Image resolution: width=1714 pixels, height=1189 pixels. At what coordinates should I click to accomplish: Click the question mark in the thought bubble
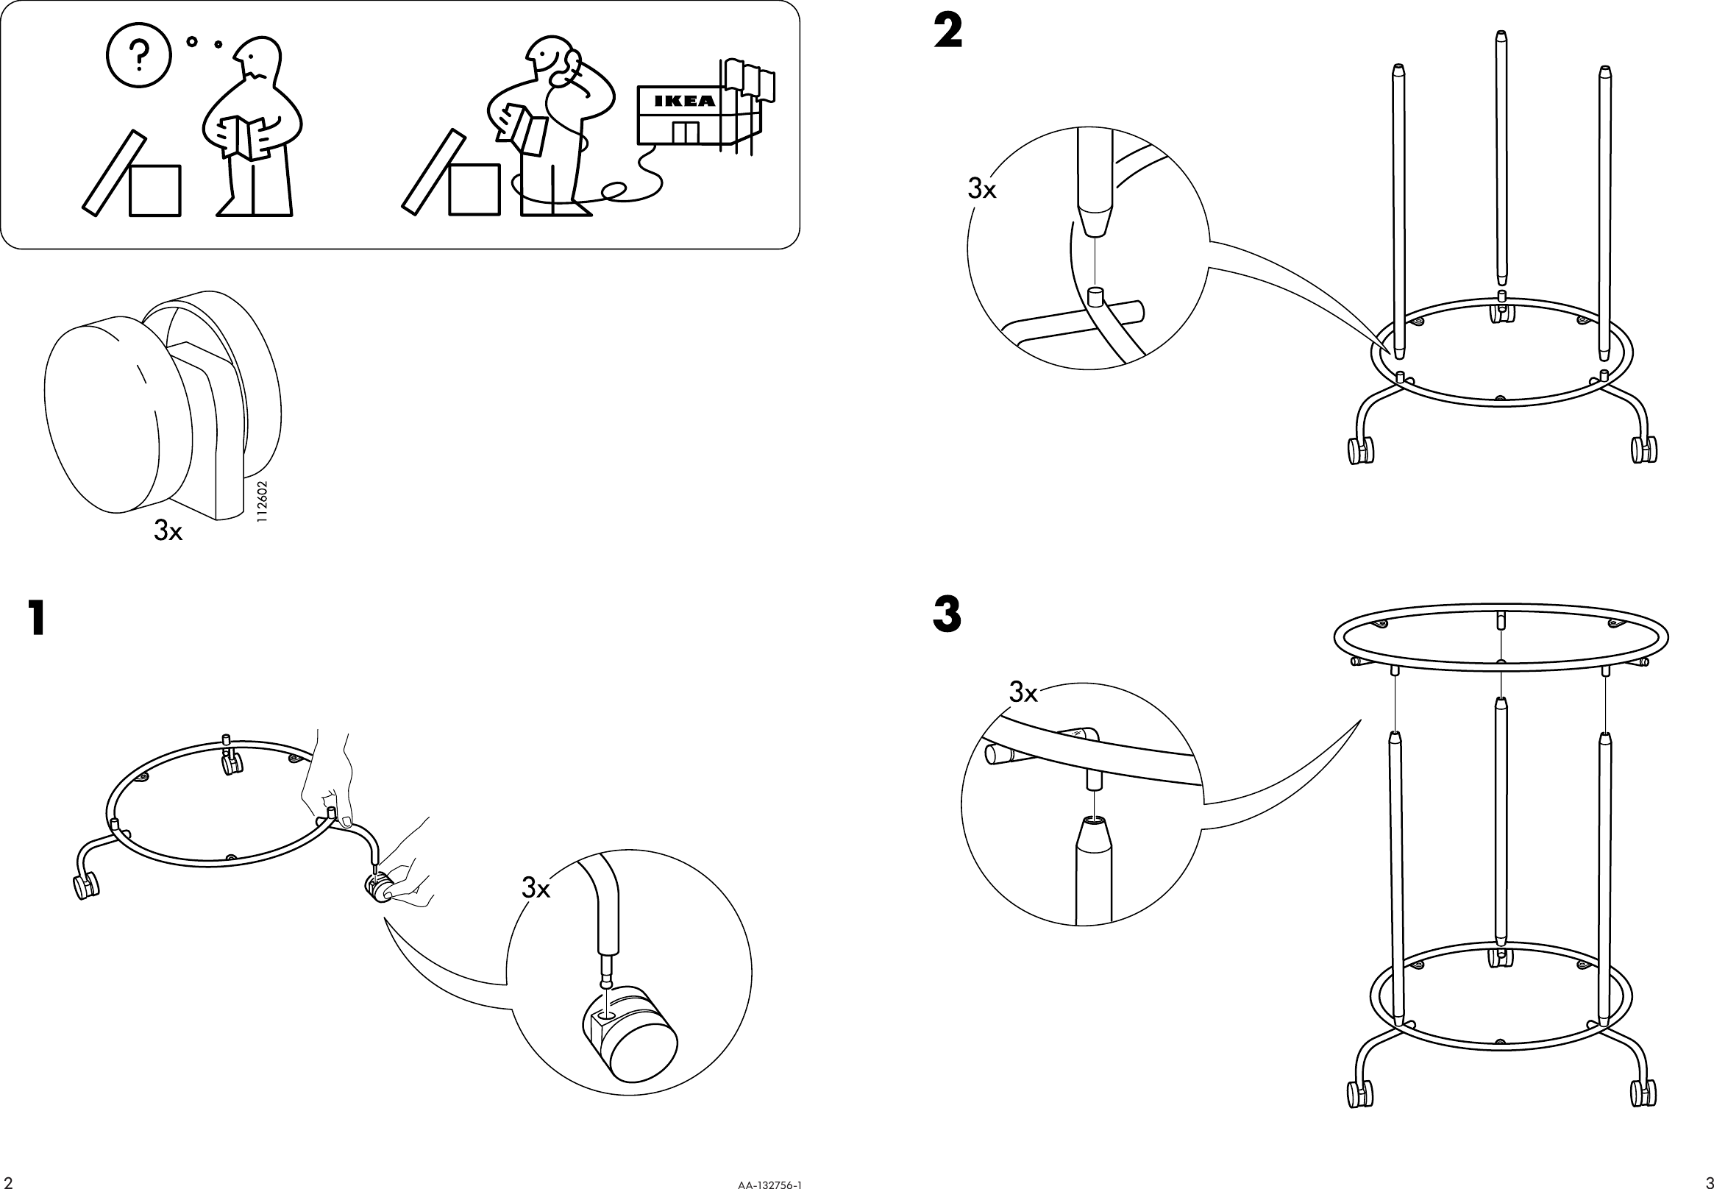point(138,54)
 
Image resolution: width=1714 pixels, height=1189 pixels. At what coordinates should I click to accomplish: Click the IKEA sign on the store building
point(684,101)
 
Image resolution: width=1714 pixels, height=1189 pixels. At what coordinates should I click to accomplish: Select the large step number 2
point(947,33)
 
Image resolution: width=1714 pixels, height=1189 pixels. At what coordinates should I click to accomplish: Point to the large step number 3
point(947,615)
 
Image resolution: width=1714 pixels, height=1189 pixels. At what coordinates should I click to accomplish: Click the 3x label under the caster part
point(168,530)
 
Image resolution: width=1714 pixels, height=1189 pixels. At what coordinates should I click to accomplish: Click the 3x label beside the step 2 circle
point(981,190)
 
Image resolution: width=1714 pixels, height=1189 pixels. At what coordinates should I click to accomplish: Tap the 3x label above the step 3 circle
point(1023,693)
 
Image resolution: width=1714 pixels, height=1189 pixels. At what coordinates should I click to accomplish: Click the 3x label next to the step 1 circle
point(536,888)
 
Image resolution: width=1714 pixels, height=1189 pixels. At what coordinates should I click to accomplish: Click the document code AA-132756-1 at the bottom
point(770,1182)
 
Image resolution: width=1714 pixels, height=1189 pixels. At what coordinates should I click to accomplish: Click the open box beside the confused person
point(154,191)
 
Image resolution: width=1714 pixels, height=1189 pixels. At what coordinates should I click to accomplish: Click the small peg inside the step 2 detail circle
point(1095,297)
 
